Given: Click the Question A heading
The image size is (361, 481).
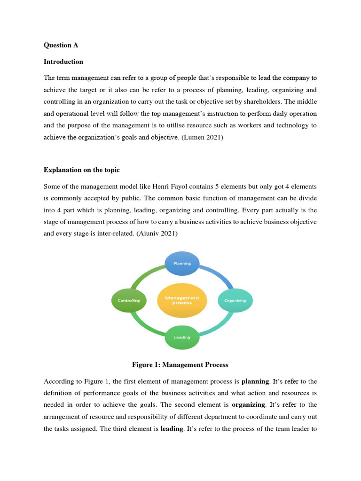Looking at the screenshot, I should coord(61,45).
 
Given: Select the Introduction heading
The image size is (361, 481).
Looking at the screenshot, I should coord(63,62).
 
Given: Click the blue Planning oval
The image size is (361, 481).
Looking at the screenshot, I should coord(182,263).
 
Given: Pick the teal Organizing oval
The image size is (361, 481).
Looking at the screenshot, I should coord(235,300).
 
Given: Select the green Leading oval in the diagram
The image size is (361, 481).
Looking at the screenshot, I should coord(182,337).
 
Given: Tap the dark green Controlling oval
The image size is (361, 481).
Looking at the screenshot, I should coord(129,300).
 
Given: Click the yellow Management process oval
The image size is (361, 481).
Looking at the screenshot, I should coord(182,300).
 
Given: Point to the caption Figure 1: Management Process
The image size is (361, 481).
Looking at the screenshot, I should coord(180,365).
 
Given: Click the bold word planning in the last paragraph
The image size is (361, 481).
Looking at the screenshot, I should coord(255,381).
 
